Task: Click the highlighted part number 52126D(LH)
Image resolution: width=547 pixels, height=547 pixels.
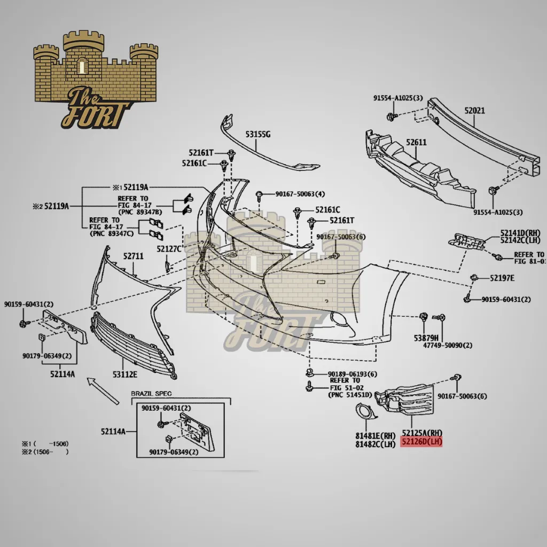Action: tap(422, 442)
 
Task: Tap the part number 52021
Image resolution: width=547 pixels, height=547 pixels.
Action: tap(474, 111)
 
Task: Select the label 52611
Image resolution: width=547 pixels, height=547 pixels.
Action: tap(416, 143)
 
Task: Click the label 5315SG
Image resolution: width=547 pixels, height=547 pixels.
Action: tap(258, 135)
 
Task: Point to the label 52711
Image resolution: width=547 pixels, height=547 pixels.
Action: tap(134, 256)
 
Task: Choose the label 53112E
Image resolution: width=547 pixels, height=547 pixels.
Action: tap(124, 374)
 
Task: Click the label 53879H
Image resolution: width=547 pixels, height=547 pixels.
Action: tap(426, 338)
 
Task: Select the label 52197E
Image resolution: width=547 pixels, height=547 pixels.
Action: tap(502, 278)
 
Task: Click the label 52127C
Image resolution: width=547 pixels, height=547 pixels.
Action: tap(169, 249)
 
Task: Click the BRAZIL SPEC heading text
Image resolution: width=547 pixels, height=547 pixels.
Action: tap(152, 394)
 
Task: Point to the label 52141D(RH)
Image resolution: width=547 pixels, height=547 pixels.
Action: tap(520, 233)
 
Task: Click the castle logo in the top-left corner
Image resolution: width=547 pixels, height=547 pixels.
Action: tap(96, 80)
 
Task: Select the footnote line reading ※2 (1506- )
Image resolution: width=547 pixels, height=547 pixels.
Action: tap(45, 452)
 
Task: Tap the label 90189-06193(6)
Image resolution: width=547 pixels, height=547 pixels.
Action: tap(352, 374)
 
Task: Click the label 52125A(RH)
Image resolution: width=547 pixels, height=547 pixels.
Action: tap(422, 433)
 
